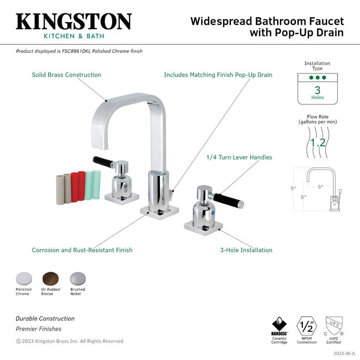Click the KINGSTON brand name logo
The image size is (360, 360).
[74, 22]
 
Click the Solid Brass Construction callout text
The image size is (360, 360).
[66, 75]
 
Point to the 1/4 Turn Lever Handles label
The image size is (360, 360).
[239, 157]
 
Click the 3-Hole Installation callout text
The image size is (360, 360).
[246, 250]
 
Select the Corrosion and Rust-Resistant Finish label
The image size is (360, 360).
[82, 250]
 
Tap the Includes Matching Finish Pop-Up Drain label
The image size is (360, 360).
[218, 75]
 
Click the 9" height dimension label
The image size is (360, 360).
[293, 188]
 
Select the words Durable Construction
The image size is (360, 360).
[45, 319]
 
